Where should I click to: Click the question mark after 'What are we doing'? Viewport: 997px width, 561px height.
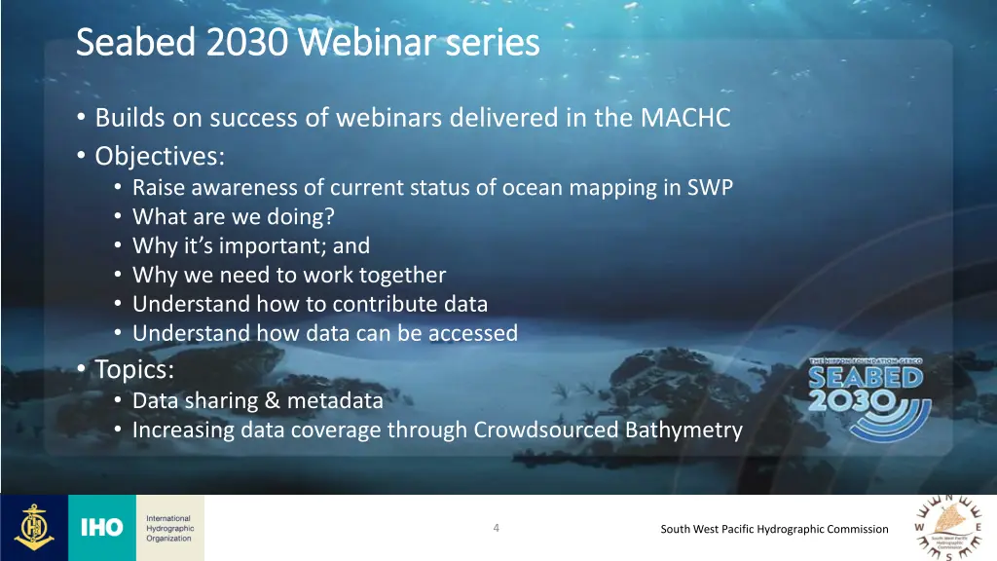click(315, 217)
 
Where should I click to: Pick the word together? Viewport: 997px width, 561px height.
click(399, 275)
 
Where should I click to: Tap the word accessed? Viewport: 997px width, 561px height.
click(471, 333)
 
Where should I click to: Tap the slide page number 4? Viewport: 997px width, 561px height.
click(496, 528)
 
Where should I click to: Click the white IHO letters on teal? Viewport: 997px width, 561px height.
click(101, 528)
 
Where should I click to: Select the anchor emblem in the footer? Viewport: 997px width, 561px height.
click(33, 528)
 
